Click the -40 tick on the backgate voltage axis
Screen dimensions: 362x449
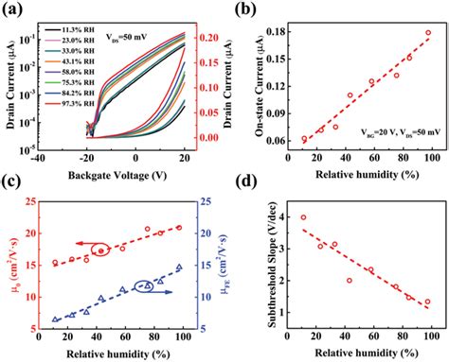pos(36,159)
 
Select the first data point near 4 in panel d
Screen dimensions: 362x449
pos(303,217)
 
